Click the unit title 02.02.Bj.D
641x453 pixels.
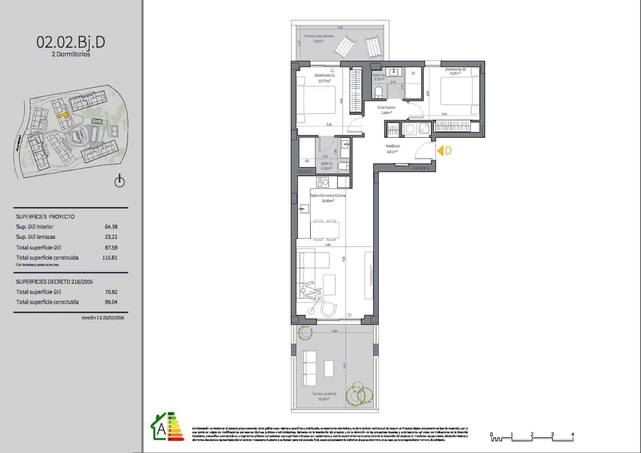coord(71,42)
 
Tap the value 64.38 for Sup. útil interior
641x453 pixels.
coord(111,227)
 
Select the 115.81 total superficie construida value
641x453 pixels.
coord(110,258)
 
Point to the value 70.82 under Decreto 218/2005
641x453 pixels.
coord(111,292)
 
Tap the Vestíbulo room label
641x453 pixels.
coord(392,146)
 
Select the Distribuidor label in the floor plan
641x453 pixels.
coord(387,108)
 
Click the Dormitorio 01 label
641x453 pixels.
coord(325,75)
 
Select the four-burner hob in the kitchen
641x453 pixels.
coord(323,183)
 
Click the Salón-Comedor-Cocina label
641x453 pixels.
coord(328,195)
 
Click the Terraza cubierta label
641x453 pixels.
coord(324,394)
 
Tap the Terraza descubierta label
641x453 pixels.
coord(318,36)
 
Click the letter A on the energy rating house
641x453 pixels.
coord(161,429)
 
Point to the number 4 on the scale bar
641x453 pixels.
coord(572,435)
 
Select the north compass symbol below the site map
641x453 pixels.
coord(119,181)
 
